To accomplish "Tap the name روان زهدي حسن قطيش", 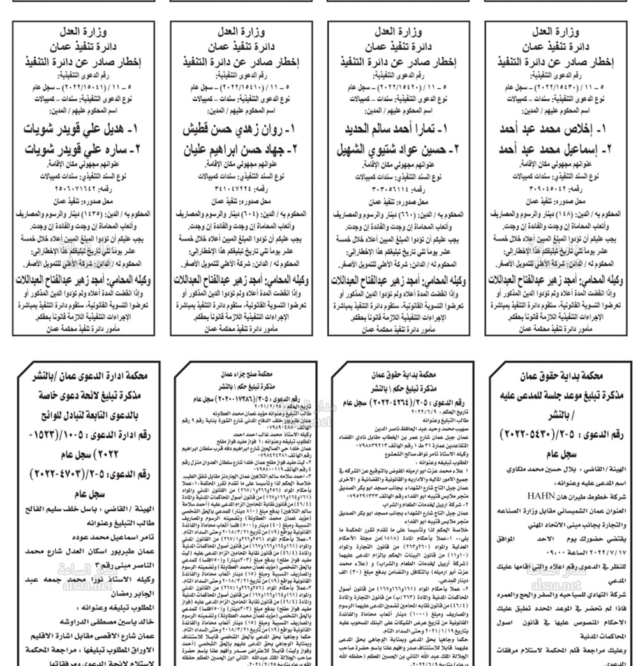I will pyautogui.click(x=246, y=130).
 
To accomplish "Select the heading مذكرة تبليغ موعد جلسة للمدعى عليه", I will pyautogui.click(x=560, y=396).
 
